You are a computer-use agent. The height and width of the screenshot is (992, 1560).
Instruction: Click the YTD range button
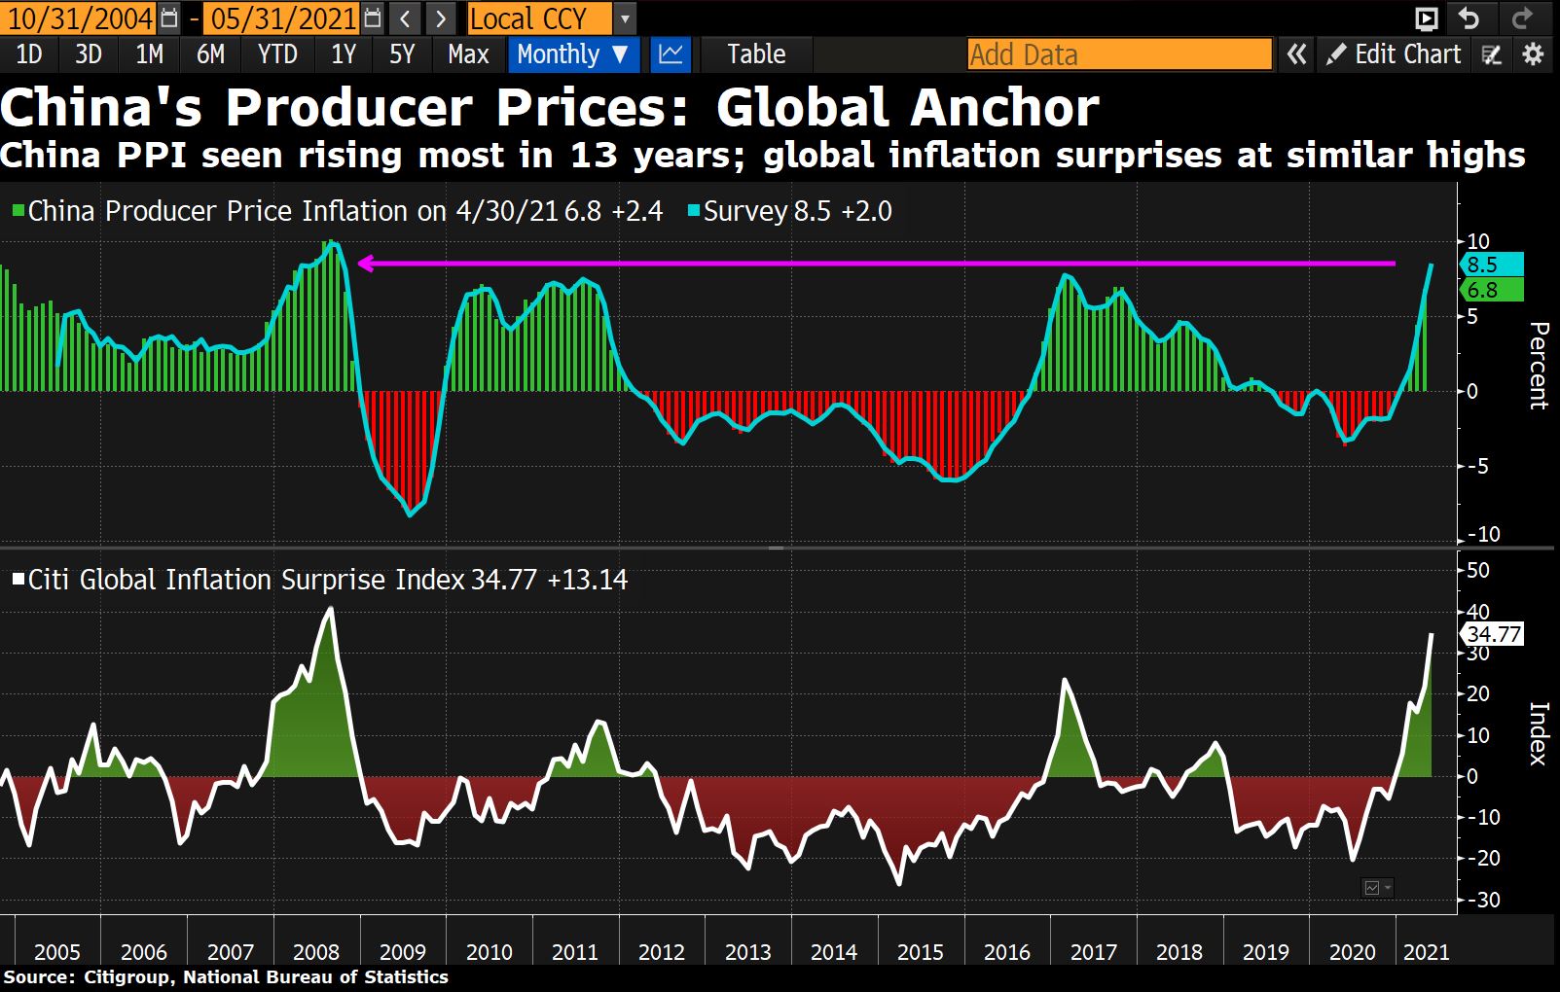(277, 54)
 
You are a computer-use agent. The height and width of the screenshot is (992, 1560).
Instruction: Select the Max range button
(468, 54)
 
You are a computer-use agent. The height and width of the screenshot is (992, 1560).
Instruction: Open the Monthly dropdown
(572, 54)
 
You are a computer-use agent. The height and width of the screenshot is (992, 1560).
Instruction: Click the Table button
(756, 54)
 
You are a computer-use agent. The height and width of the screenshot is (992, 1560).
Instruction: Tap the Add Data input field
(1119, 54)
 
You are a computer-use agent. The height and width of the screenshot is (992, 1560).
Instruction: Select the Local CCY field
(539, 18)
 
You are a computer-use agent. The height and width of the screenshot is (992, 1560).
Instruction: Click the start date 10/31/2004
(80, 18)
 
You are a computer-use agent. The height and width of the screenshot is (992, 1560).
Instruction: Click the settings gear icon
(1533, 54)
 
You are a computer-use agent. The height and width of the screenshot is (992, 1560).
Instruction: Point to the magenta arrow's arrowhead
(364, 264)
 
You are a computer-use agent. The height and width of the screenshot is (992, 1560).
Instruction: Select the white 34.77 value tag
(1493, 635)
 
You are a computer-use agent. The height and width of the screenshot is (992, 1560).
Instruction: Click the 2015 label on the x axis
(921, 952)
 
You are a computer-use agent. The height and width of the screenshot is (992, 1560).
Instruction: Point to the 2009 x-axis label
(403, 952)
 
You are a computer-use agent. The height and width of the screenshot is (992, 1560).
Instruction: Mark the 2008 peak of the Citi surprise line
(331, 609)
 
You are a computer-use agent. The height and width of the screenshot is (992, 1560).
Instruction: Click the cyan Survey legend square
(694, 210)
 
